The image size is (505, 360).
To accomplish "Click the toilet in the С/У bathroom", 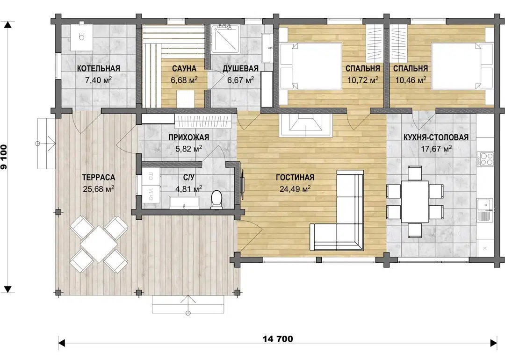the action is [216, 199].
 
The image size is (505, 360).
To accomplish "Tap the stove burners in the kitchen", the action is [485, 158].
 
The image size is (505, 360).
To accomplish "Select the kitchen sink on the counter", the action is [485, 210].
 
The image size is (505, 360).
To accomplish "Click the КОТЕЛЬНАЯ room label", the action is [99, 68].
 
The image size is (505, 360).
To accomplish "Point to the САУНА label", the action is [184, 68].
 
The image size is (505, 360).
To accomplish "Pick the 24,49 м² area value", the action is [295, 188].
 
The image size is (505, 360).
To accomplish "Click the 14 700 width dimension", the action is [278, 339].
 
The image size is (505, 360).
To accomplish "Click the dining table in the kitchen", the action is [415, 202].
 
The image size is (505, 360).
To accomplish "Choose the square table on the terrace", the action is [99, 244].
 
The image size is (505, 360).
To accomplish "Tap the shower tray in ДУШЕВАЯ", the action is [225, 39].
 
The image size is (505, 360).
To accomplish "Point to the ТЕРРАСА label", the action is [99, 177].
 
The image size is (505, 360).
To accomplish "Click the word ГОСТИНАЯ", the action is [295, 177].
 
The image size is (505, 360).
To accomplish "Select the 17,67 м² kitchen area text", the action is [436, 149].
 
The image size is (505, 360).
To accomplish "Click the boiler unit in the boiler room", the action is [82, 36].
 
